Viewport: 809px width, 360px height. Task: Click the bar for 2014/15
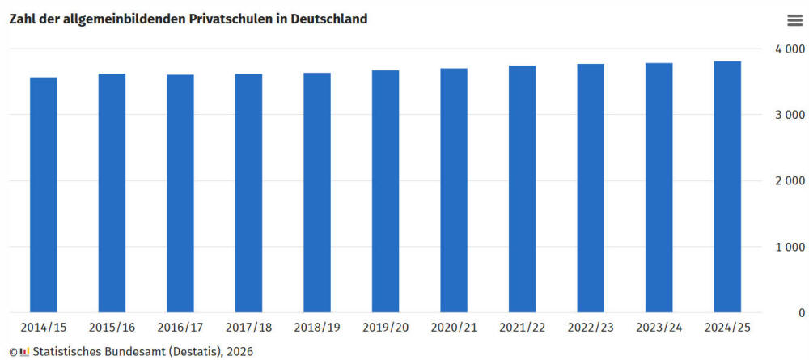pyautogui.click(x=44, y=194)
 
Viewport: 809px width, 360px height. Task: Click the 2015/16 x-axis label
pyautogui.click(x=112, y=328)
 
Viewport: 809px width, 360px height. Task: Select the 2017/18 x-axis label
pyautogui.click(x=248, y=328)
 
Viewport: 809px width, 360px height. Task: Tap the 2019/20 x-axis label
pyautogui.click(x=385, y=328)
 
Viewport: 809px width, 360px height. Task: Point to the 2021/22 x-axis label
pyautogui.click(x=522, y=328)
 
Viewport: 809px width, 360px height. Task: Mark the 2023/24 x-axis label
pyautogui.click(x=659, y=328)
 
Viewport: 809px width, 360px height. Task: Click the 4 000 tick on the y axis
pyautogui.click(x=788, y=49)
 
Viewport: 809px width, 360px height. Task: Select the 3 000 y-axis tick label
pyautogui.click(x=788, y=115)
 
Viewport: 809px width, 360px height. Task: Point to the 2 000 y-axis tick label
pyautogui.click(x=788, y=180)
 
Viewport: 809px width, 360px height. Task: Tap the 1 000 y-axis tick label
pyautogui.click(x=788, y=247)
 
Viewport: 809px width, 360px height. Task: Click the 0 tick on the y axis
pyautogui.click(x=800, y=312)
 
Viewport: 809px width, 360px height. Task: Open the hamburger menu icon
pyautogui.click(x=794, y=21)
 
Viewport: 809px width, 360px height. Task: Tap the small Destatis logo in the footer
pyautogui.click(x=25, y=351)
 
